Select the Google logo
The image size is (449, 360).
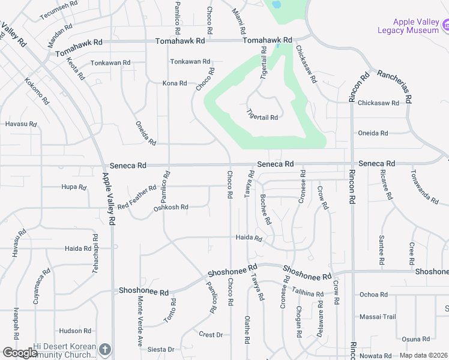(x=20, y=353)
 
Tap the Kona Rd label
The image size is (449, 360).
(x=175, y=83)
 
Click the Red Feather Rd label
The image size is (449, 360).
(x=137, y=197)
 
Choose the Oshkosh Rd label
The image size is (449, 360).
(x=171, y=207)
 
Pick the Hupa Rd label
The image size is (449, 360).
(x=74, y=187)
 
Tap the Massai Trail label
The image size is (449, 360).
(x=378, y=317)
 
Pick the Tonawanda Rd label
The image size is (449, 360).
(x=424, y=185)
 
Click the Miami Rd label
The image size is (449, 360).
(x=240, y=20)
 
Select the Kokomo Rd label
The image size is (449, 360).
(x=37, y=92)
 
